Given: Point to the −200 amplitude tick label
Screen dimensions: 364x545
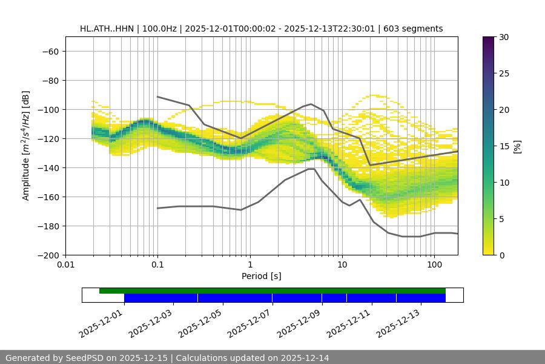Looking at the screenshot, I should tap(48, 255).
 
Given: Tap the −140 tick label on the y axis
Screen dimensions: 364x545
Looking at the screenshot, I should tap(48, 168).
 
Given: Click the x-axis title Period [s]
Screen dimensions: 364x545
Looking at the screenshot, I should tap(262, 277).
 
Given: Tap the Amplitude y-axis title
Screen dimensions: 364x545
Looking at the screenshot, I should tap(26, 145).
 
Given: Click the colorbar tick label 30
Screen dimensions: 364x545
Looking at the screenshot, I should tap(503, 38).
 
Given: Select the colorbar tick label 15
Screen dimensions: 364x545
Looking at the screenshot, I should tap(503, 146).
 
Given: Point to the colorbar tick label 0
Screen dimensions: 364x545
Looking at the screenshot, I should tap(501, 255).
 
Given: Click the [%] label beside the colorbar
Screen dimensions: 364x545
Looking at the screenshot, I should tap(517, 146).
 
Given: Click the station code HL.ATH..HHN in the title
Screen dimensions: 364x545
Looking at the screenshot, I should tap(107, 29).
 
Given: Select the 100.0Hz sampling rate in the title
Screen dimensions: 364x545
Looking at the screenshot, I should tap(159, 29).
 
